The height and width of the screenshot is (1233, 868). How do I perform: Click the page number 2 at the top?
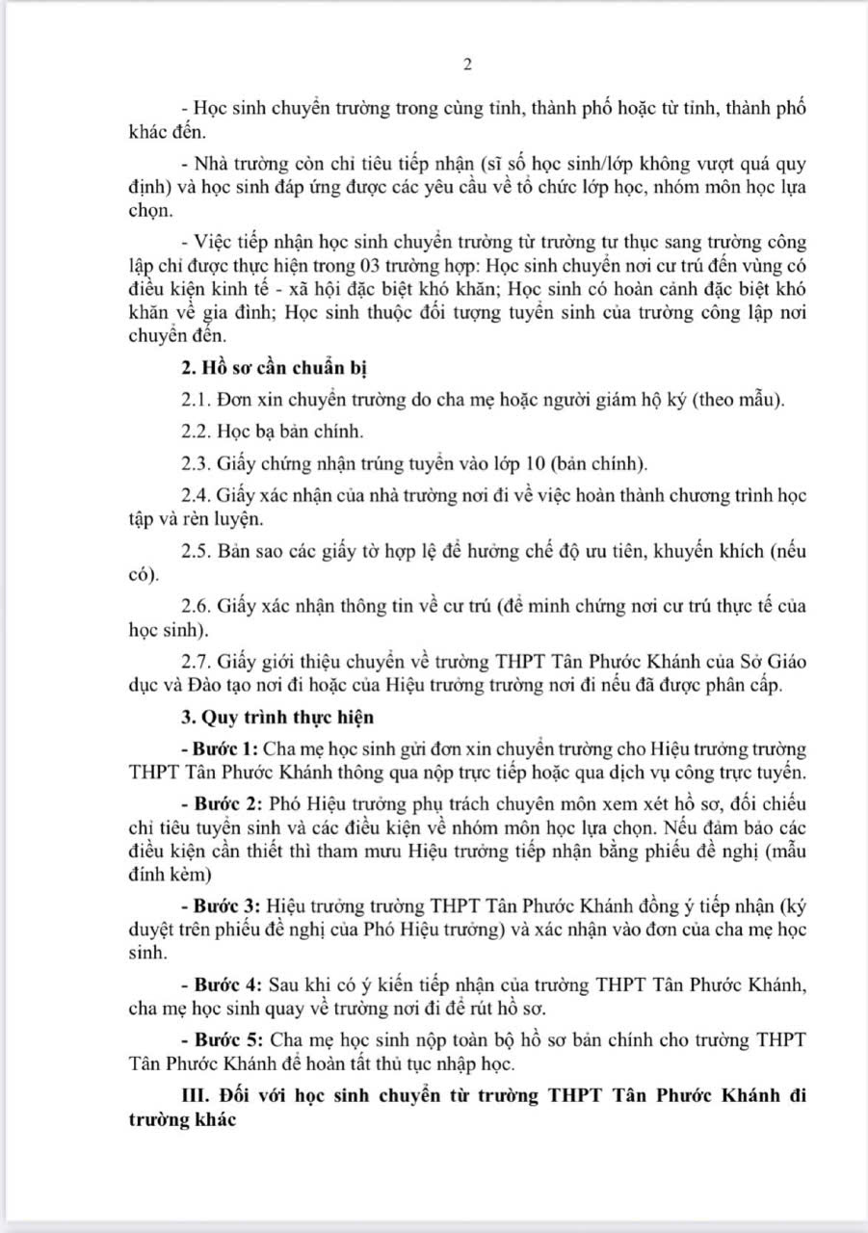[467, 66]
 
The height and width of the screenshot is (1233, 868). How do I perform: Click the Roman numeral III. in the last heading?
[196, 1096]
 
